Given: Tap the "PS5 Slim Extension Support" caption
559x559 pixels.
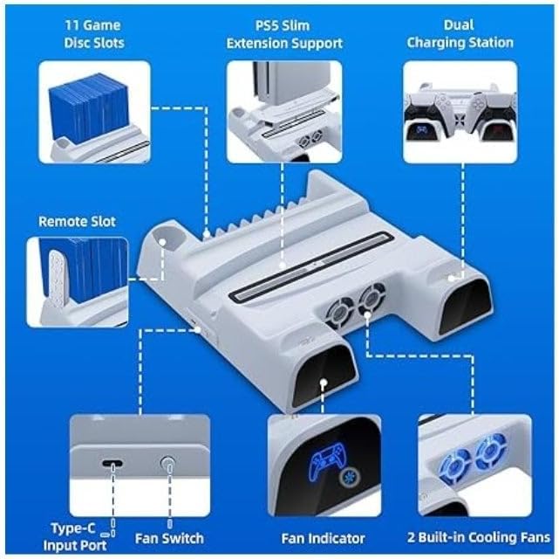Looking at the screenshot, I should (284, 34).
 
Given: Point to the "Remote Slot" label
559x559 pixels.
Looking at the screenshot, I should (77, 222).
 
